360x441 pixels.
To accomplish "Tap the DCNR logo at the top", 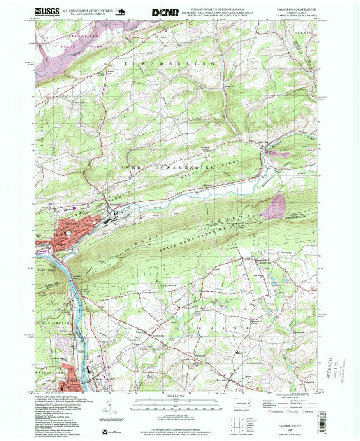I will (x=165, y=13).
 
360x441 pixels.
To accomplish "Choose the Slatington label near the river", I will (x=72, y=380).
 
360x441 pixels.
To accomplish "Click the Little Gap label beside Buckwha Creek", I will (x=262, y=142).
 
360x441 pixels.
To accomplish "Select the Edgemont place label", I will (x=206, y=310).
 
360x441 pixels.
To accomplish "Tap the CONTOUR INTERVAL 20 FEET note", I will (x=177, y=417).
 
